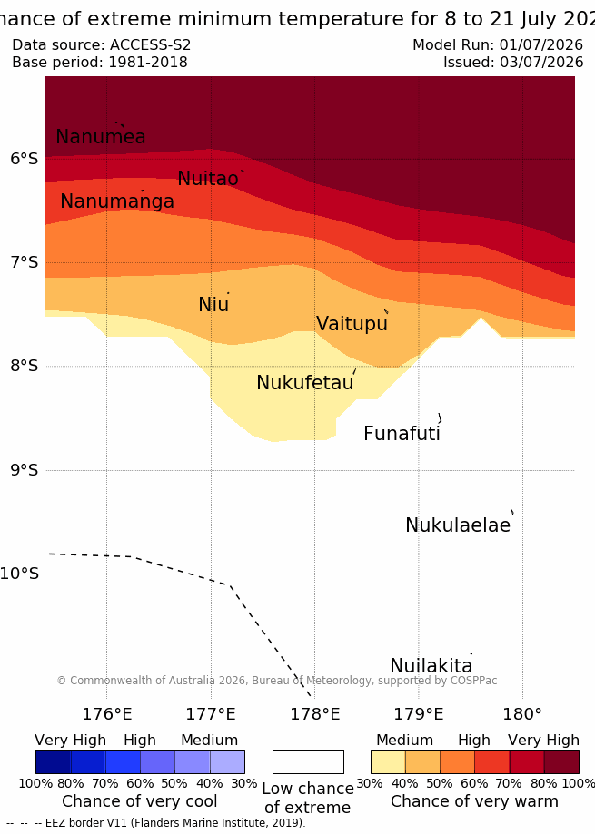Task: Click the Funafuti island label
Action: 402,434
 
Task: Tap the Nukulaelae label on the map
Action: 458,525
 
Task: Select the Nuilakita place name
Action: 431,665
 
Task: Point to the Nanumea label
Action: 101,137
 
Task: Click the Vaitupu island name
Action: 352,323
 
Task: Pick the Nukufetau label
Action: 305,382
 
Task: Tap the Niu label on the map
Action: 213,304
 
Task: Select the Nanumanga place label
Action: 117,201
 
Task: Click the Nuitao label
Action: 207,178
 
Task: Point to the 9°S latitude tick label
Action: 25,470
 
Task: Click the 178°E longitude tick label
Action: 314,714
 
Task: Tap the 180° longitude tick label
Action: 522,714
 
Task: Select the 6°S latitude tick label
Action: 25,159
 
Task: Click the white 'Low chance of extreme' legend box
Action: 308,761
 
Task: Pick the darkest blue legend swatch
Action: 54,761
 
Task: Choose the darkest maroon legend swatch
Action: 561,761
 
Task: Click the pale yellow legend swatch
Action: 388,761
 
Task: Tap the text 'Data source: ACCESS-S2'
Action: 101,44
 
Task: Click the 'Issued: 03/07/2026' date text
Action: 513,63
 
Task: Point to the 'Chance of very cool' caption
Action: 139,801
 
